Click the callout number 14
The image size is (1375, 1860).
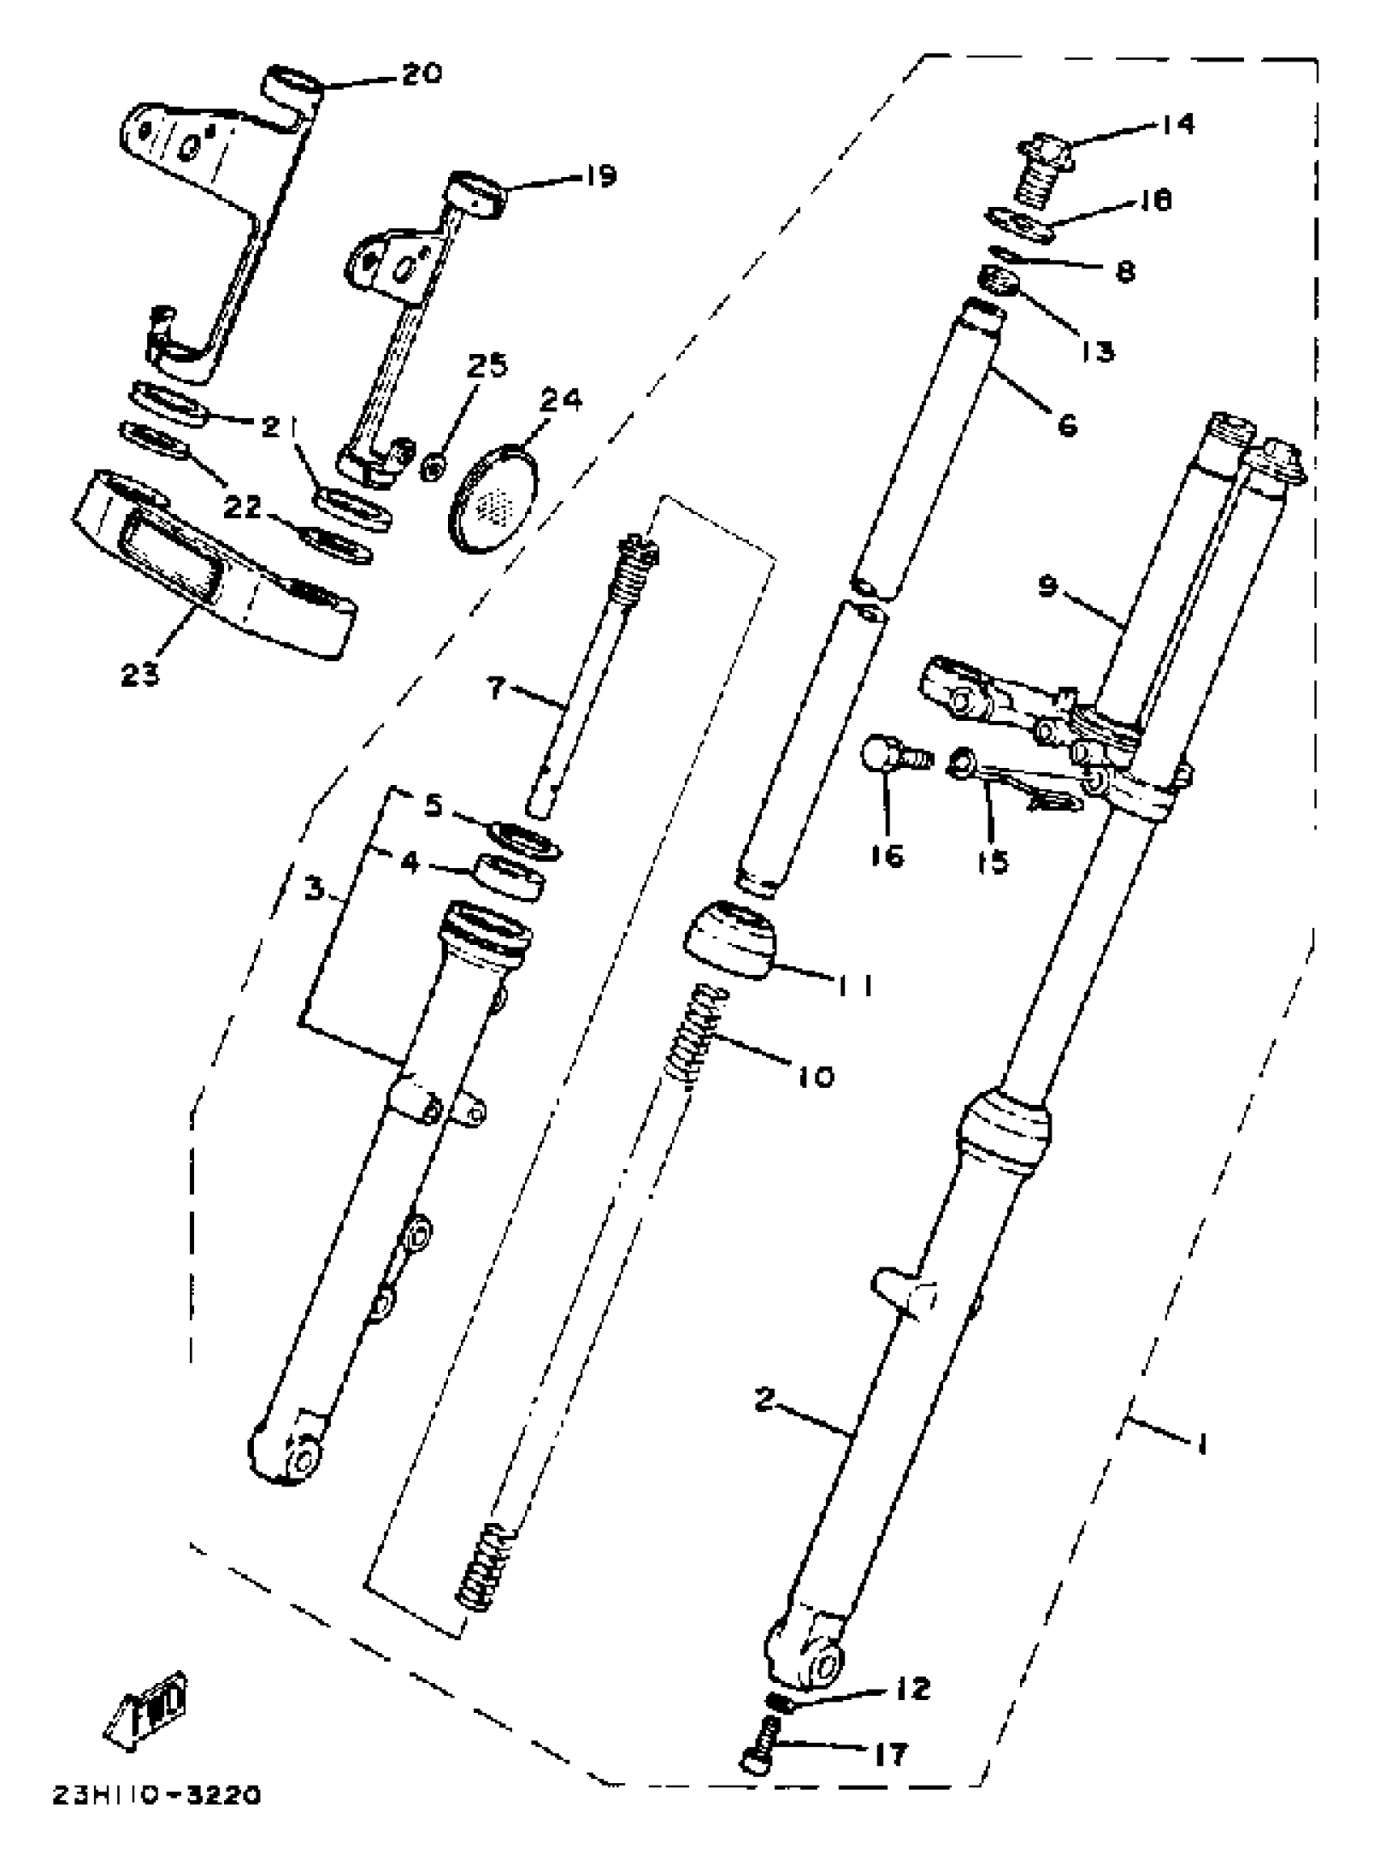[1177, 124]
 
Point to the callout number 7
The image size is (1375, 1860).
[496, 689]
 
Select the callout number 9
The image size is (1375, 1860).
[1048, 586]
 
